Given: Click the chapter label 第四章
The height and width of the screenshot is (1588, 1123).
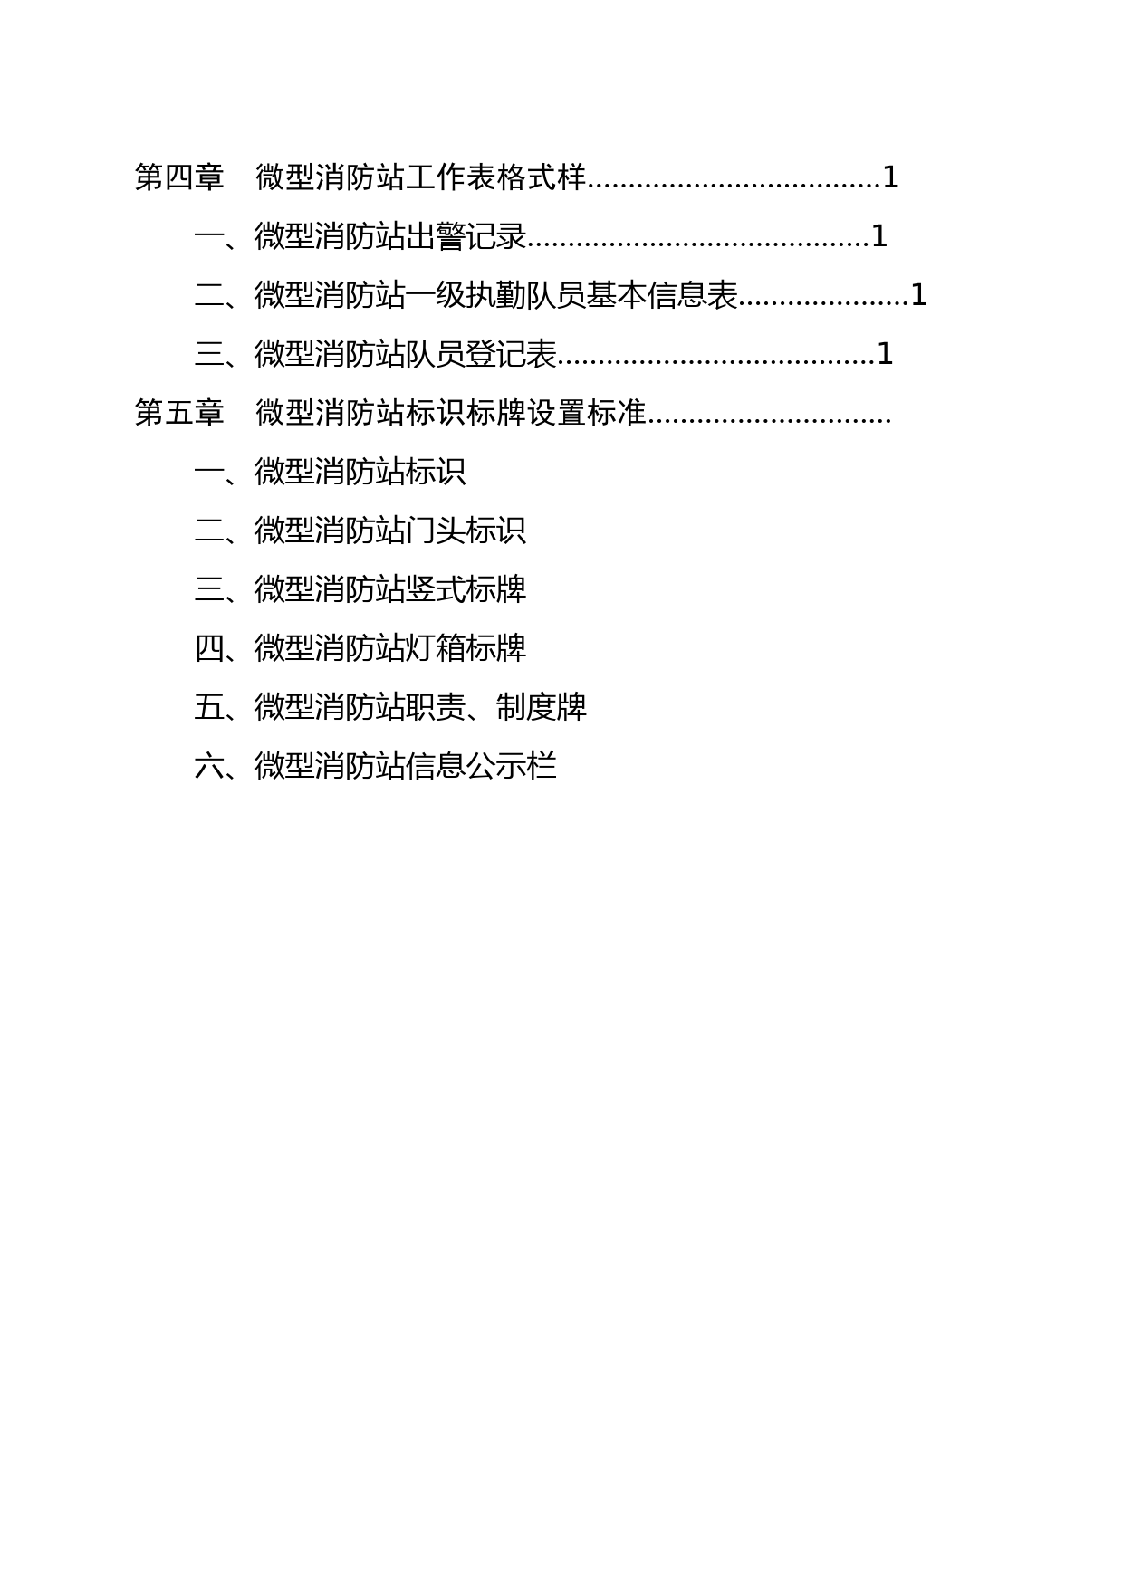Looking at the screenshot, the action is (x=179, y=177).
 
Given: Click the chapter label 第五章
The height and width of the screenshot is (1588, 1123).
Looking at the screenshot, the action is (x=179, y=413).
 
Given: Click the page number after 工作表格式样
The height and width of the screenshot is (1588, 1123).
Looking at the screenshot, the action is (x=890, y=177).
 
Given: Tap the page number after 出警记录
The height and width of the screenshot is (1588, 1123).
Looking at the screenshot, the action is (x=878, y=236).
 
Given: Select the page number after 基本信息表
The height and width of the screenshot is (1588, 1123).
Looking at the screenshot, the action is (x=918, y=295).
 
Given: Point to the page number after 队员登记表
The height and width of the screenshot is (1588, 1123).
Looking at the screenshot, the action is (x=885, y=354).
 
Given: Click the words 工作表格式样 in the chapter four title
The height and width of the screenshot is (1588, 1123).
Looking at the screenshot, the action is (x=496, y=177).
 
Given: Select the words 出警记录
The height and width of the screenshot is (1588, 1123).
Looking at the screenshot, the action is (x=466, y=236).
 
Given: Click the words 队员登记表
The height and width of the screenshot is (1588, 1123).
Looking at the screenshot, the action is (x=481, y=354).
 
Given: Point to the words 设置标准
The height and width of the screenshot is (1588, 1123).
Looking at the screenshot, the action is (x=587, y=413).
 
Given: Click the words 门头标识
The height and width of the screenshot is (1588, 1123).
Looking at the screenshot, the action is (x=466, y=531).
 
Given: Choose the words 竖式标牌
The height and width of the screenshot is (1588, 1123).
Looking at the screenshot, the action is (x=466, y=589).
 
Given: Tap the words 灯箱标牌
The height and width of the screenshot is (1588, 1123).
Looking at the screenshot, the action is (x=466, y=648).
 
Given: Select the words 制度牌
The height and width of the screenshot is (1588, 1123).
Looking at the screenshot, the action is (x=542, y=707).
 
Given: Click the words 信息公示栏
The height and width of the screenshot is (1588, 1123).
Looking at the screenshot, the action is (x=481, y=766).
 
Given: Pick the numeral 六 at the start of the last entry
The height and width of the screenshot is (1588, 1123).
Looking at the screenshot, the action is (x=209, y=766).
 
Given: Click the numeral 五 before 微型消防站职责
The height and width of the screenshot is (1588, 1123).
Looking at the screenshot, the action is (x=209, y=707).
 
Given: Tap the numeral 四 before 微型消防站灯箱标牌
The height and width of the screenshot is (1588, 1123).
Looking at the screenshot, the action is (x=209, y=648).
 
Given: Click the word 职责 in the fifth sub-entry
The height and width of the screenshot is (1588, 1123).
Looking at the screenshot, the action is (x=436, y=707).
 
